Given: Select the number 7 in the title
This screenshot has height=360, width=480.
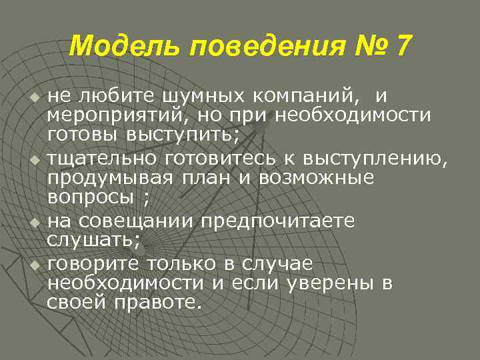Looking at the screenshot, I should click(403, 46).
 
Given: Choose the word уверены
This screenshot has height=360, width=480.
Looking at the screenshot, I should click(333, 283).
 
